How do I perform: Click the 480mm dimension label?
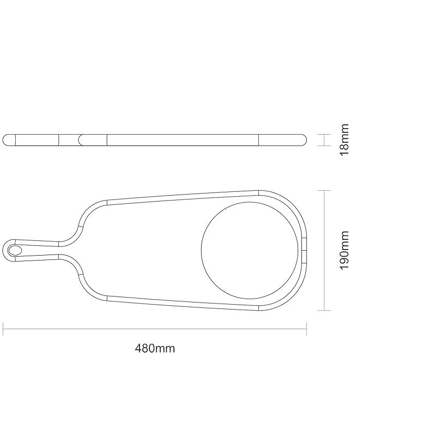[x=155, y=348]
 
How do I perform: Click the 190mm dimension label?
[x=344, y=250]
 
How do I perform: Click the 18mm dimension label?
[x=344, y=140]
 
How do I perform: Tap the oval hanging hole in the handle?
[x=15, y=251]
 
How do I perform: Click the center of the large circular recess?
[x=250, y=250]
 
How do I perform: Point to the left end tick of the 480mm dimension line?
[x=3, y=329]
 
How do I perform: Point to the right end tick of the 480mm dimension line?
[x=306, y=329]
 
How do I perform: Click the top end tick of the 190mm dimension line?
[x=324, y=190]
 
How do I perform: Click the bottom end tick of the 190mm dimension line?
[x=324, y=310]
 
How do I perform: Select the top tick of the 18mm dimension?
[x=324, y=134]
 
